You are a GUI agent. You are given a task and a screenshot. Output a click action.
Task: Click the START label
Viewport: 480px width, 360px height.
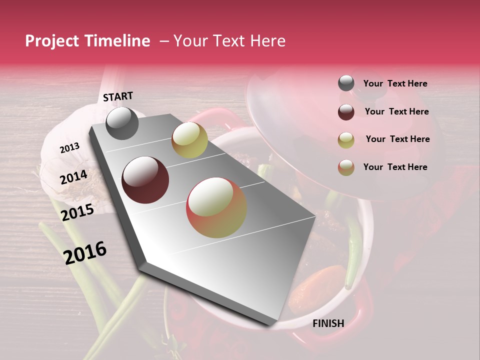coord(118,96)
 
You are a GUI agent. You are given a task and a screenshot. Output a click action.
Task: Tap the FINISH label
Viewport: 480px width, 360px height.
coord(328,323)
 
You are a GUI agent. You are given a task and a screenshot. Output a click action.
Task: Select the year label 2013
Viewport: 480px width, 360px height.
coord(69,148)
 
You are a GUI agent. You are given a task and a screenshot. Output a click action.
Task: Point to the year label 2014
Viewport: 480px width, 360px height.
coord(73,177)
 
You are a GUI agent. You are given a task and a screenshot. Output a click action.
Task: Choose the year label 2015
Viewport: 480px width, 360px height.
coord(77,212)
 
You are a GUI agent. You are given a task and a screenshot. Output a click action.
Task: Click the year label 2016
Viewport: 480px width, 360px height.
coord(85,252)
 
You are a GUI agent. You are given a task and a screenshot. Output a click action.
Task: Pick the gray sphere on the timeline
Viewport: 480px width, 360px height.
coord(122,123)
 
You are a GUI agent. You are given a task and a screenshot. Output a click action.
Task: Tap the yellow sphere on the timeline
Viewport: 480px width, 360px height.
coord(189,140)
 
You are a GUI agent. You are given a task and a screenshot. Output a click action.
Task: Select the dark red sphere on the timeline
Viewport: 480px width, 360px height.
coord(145,180)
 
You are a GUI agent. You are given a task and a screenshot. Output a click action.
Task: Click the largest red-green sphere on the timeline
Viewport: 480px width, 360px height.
coord(216,207)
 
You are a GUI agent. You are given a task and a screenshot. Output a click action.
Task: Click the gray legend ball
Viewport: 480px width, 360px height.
coord(346,83)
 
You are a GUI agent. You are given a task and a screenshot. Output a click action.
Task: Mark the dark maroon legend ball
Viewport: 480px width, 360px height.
coord(346,112)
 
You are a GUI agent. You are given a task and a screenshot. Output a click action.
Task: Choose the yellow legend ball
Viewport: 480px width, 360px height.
coord(346,139)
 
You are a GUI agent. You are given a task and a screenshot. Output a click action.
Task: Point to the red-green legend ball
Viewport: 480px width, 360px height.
coord(346,167)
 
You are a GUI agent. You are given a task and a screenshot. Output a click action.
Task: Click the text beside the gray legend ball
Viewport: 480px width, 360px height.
coord(395,84)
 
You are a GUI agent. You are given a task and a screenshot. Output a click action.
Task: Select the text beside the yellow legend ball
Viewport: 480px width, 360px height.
coord(397,139)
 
